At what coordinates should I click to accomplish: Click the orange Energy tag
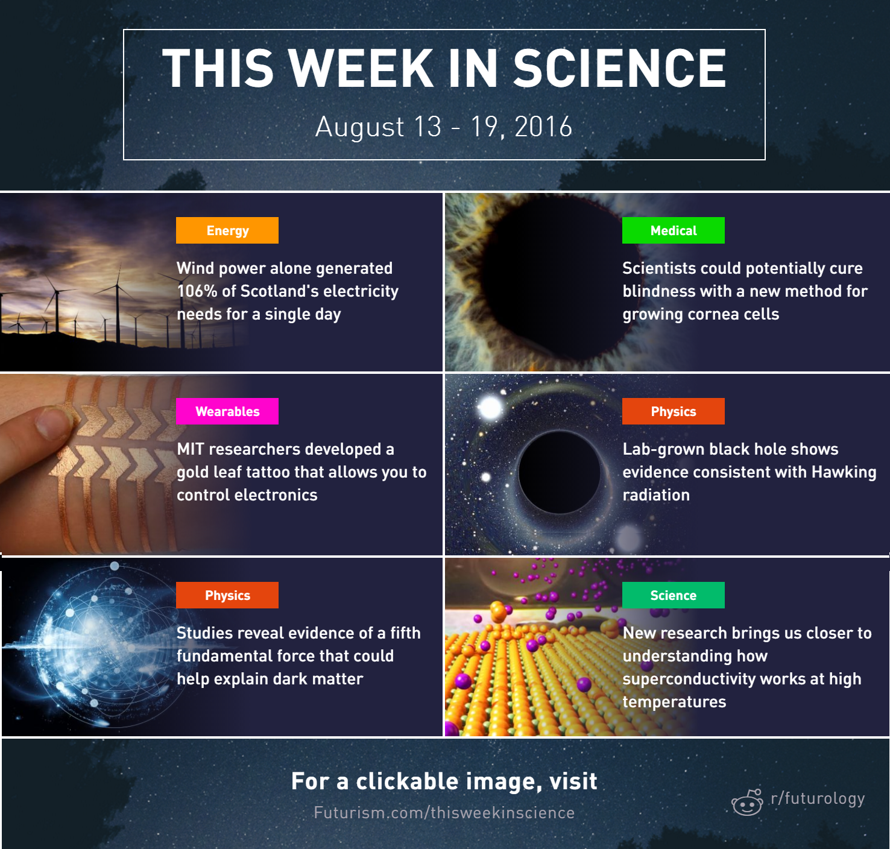coord(227,230)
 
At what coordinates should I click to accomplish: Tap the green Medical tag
coord(673,230)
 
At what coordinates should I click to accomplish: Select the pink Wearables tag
coord(227,411)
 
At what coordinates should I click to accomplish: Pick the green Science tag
coord(673,595)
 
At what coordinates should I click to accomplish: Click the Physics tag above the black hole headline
coord(673,411)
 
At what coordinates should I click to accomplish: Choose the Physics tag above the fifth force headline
coord(227,595)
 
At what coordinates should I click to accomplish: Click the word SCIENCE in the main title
coord(619,68)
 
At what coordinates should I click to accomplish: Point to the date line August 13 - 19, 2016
coord(444,127)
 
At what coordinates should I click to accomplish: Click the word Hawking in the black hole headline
coord(844,472)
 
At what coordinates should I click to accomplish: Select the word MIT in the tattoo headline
coord(191,449)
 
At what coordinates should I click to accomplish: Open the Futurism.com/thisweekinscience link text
coord(444,812)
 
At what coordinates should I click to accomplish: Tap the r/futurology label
coord(818,799)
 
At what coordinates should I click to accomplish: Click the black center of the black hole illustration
coord(559,472)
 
